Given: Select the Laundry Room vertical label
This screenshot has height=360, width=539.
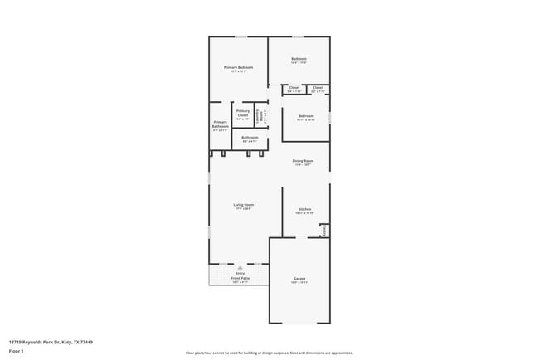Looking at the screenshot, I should tap(260, 117).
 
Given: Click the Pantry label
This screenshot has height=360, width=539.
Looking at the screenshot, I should tap(325, 230).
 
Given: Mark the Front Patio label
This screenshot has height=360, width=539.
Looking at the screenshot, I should tap(240, 278).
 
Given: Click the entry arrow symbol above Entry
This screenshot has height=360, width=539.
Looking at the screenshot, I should tap(240, 267).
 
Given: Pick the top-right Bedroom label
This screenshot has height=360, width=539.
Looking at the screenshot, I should tap(299, 59).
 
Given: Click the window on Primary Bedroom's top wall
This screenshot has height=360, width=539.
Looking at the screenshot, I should tap(240, 36).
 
